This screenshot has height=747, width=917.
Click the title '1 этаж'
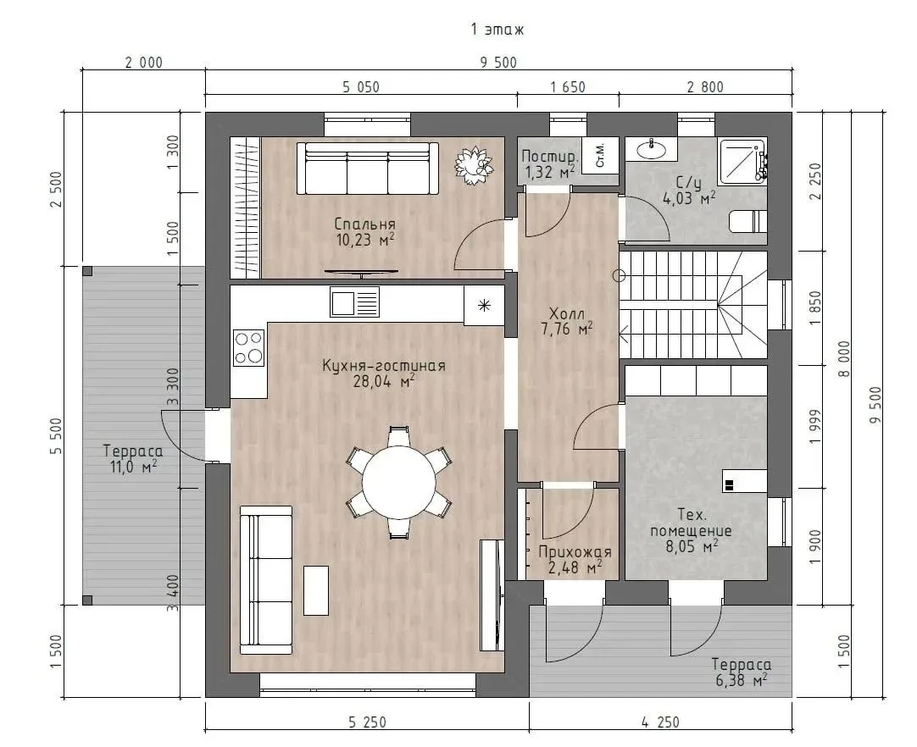[497, 30]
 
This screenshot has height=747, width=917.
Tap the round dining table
[399, 483]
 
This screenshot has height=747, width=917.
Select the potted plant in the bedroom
[473, 166]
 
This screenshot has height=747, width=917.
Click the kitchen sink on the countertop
[354, 302]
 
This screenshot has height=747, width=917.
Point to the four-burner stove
[248, 348]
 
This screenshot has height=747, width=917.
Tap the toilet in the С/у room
[748, 222]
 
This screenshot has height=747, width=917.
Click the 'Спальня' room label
[364, 224]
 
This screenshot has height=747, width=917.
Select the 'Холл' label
[567, 314]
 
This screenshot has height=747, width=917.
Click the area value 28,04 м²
[384, 382]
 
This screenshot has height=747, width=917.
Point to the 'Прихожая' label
[575, 551]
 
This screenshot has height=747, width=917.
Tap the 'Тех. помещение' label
[692, 523]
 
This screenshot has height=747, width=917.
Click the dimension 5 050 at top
[361, 87]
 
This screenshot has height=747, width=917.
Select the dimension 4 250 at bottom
[660, 722]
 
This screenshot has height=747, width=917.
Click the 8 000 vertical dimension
[844, 358]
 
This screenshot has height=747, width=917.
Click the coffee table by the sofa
[316, 589]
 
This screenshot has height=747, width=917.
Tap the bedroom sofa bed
[367, 169]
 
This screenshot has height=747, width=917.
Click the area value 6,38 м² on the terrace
[741, 680]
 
